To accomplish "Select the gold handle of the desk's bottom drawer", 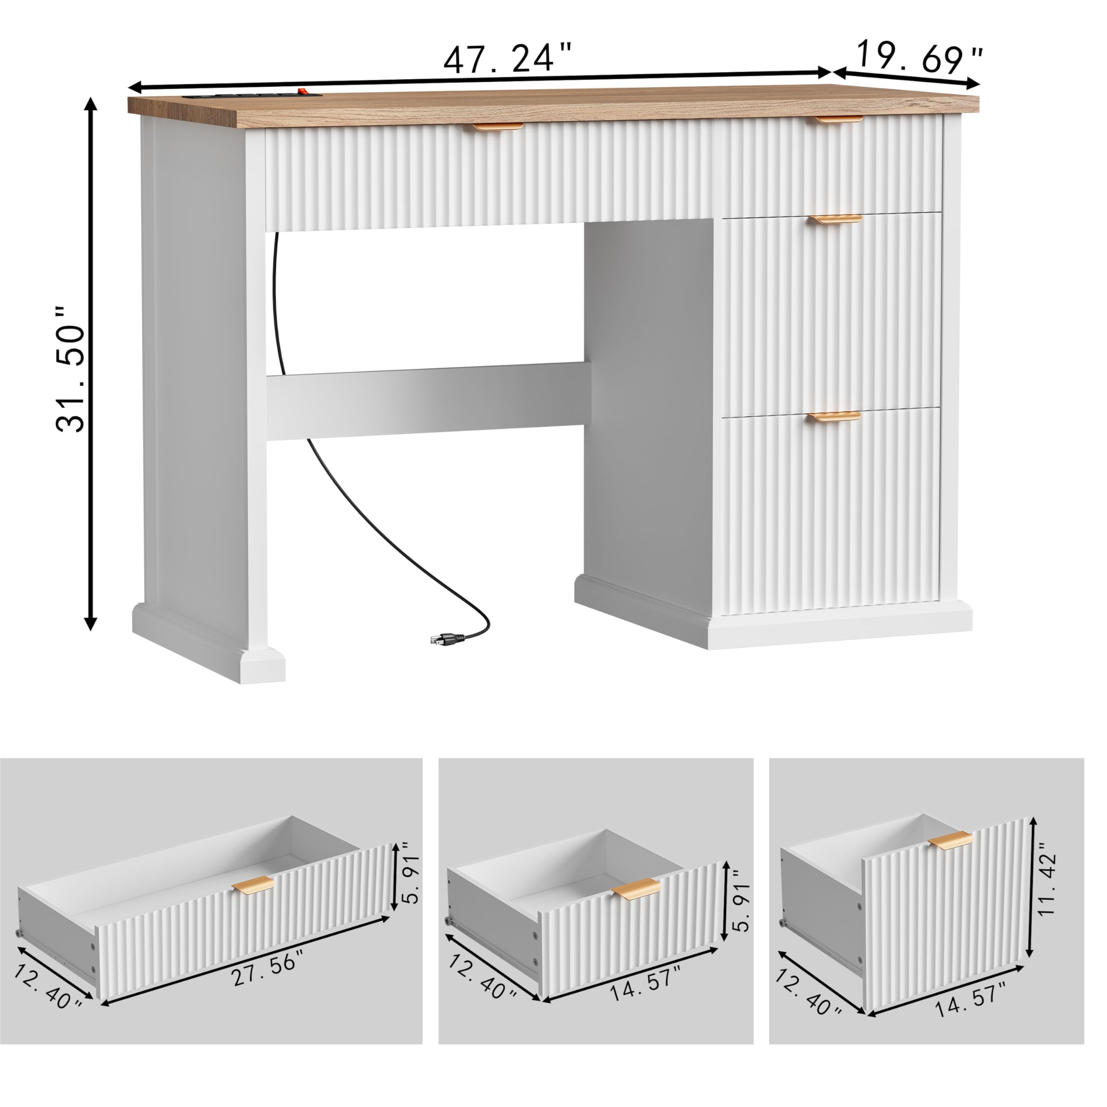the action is (835, 416).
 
